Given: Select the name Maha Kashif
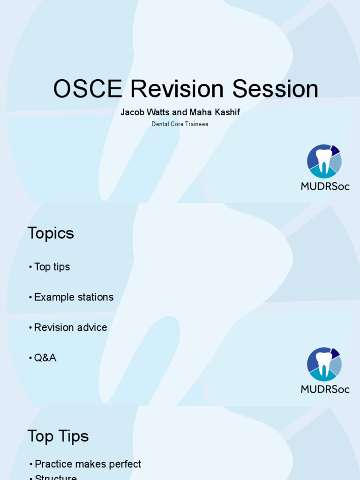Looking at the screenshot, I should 214,112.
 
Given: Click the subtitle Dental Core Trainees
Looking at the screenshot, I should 180,124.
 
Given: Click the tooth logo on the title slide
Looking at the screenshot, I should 324,161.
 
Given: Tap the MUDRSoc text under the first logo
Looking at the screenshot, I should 325,186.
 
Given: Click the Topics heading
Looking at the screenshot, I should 51,233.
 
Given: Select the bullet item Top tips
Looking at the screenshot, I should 52,267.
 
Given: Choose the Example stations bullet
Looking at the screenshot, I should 74,297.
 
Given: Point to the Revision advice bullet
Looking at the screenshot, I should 70,328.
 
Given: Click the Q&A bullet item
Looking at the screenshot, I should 45,358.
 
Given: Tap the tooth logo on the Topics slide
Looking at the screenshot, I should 324,364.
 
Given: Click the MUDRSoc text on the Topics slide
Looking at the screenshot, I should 325,389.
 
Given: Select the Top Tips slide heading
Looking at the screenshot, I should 58,436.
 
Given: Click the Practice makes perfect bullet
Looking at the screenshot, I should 88,464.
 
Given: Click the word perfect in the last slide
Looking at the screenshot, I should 125,464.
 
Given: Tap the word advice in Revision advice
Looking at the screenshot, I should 93,328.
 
